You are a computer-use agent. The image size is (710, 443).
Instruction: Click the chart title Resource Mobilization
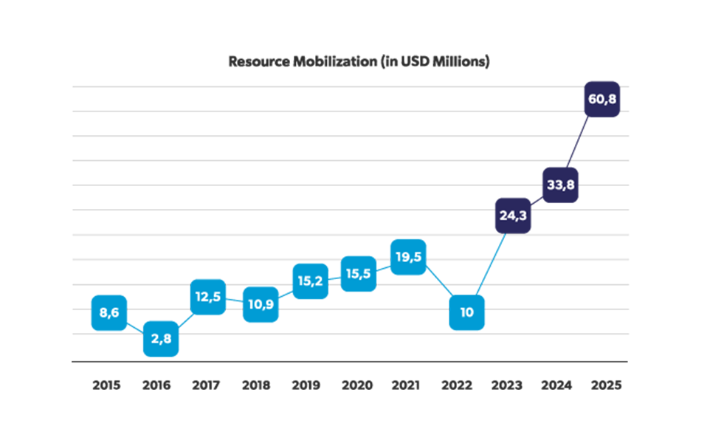(x=359, y=62)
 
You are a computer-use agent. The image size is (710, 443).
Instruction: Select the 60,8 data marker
(x=601, y=98)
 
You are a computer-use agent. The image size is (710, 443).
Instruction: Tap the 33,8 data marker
(x=559, y=185)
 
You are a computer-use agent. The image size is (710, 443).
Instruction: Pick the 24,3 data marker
(x=512, y=216)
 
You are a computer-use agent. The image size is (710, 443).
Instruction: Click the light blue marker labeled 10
(x=467, y=312)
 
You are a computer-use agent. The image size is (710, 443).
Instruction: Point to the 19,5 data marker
(x=408, y=257)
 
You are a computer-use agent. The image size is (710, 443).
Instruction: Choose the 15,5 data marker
(x=359, y=273)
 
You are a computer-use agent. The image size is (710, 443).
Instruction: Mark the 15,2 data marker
(x=311, y=281)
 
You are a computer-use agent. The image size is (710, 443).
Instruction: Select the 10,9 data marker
(x=261, y=304)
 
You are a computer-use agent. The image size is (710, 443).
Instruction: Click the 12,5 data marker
(x=208, y=297)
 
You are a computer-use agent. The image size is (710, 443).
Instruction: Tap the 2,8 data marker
(x=161, y=339)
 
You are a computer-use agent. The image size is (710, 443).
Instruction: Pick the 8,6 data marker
(x=109, y=312)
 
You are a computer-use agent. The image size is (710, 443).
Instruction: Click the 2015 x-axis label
(x=108, y=385)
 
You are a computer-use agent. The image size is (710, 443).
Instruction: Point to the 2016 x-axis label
(x=156, y=385)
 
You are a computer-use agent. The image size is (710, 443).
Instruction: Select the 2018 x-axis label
(x=255, y=385)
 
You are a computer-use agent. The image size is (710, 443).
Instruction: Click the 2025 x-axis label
(x=606, y=385)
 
